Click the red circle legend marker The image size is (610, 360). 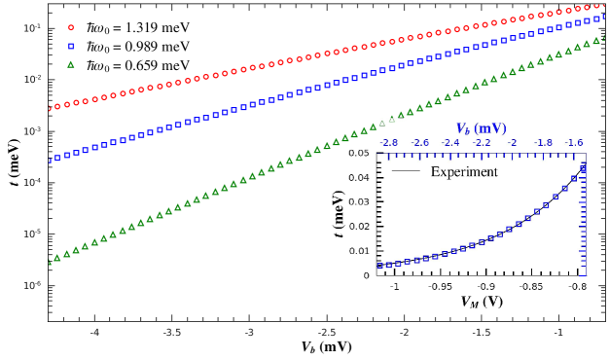pos(71,27)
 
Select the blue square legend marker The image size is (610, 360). pos(71,46)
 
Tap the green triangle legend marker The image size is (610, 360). pos(71,64)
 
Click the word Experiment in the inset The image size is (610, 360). pos(464,172)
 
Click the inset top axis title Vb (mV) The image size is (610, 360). pos(482,128)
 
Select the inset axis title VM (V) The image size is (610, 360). pos(483,302)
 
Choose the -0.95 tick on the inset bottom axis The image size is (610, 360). pos(441,287)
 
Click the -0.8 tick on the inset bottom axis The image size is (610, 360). pos(577,287)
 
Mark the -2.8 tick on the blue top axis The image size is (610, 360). pos(388,142)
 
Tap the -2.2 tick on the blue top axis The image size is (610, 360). pos(481,142)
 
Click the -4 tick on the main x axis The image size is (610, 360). pos(95,332)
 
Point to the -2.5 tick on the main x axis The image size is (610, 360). pos(327,332)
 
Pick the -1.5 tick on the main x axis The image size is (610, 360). pos(481,332)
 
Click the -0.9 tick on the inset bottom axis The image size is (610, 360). pos(486,287)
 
